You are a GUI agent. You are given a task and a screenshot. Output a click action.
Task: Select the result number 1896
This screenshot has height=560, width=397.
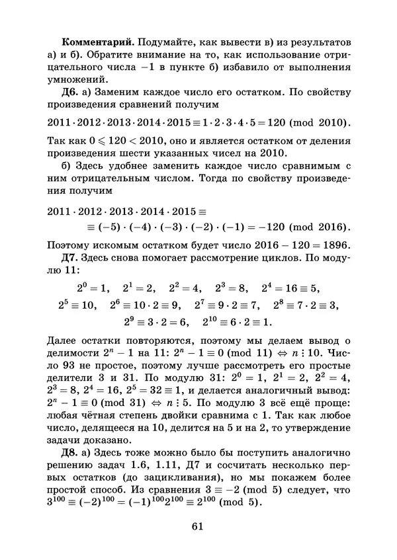(x=333, y=244)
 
